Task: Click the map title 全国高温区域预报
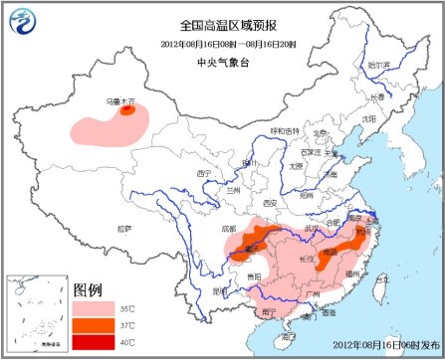click(223, 24)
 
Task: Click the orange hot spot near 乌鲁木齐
click(127, 111)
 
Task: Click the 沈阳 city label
click(369, 118)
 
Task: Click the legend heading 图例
click(88, 289)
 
